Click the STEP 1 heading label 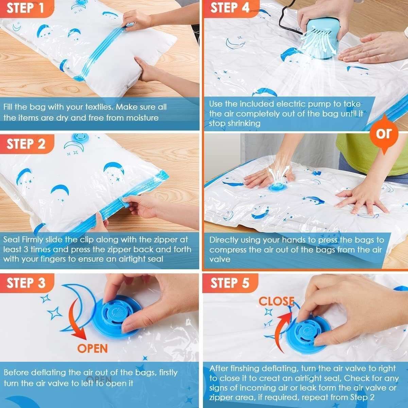pyautogui.click(x=26, y=8)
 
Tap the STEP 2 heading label pyautogui.click(x=26, y=144)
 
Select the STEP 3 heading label pyautogui.click(x=26, y=283)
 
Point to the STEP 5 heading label pyautogui.click(x=230, y=283)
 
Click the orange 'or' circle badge pyautogui.click(x=384, y=133)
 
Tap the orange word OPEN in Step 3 pyautogui.click(x=92, y=348)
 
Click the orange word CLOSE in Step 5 pyautogui.click(x=276, y=301)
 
